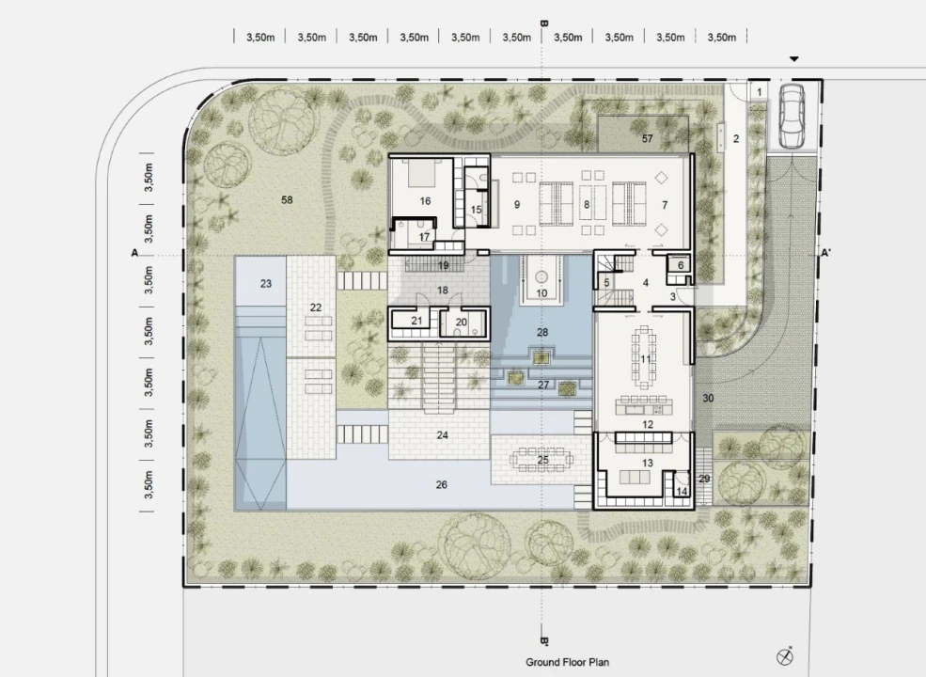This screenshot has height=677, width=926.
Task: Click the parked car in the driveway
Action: (x=792, y=116)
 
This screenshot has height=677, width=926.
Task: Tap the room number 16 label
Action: (x=425, y=201)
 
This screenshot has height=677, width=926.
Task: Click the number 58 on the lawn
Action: (x=287, y=200)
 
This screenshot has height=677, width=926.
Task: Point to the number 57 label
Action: (x=647, y=139)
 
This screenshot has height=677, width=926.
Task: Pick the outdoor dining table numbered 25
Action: (x=542, y=460)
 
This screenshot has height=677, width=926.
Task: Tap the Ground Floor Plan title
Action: (x=567, y=662)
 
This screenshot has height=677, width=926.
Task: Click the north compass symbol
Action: (x=785, y=655)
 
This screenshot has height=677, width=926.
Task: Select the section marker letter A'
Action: (x=825, y=254)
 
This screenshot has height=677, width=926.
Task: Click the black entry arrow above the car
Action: (x=794, y=59)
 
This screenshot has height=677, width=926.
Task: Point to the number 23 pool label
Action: (x=266, y=284)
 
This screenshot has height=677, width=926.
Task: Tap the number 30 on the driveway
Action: (x=708, y=398)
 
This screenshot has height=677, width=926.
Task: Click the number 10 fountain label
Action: (x=541, y=293)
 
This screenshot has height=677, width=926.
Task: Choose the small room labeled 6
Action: (x=680, y=264)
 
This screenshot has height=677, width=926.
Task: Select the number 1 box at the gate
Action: (x=760, y=91)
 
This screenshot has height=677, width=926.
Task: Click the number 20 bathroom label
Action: (x=462, y=322)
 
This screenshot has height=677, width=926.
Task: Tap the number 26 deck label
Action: (x=441, y=485)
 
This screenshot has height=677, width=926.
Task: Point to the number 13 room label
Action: (x=647, y=464)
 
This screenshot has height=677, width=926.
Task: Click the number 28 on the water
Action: (x=542, y=333)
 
